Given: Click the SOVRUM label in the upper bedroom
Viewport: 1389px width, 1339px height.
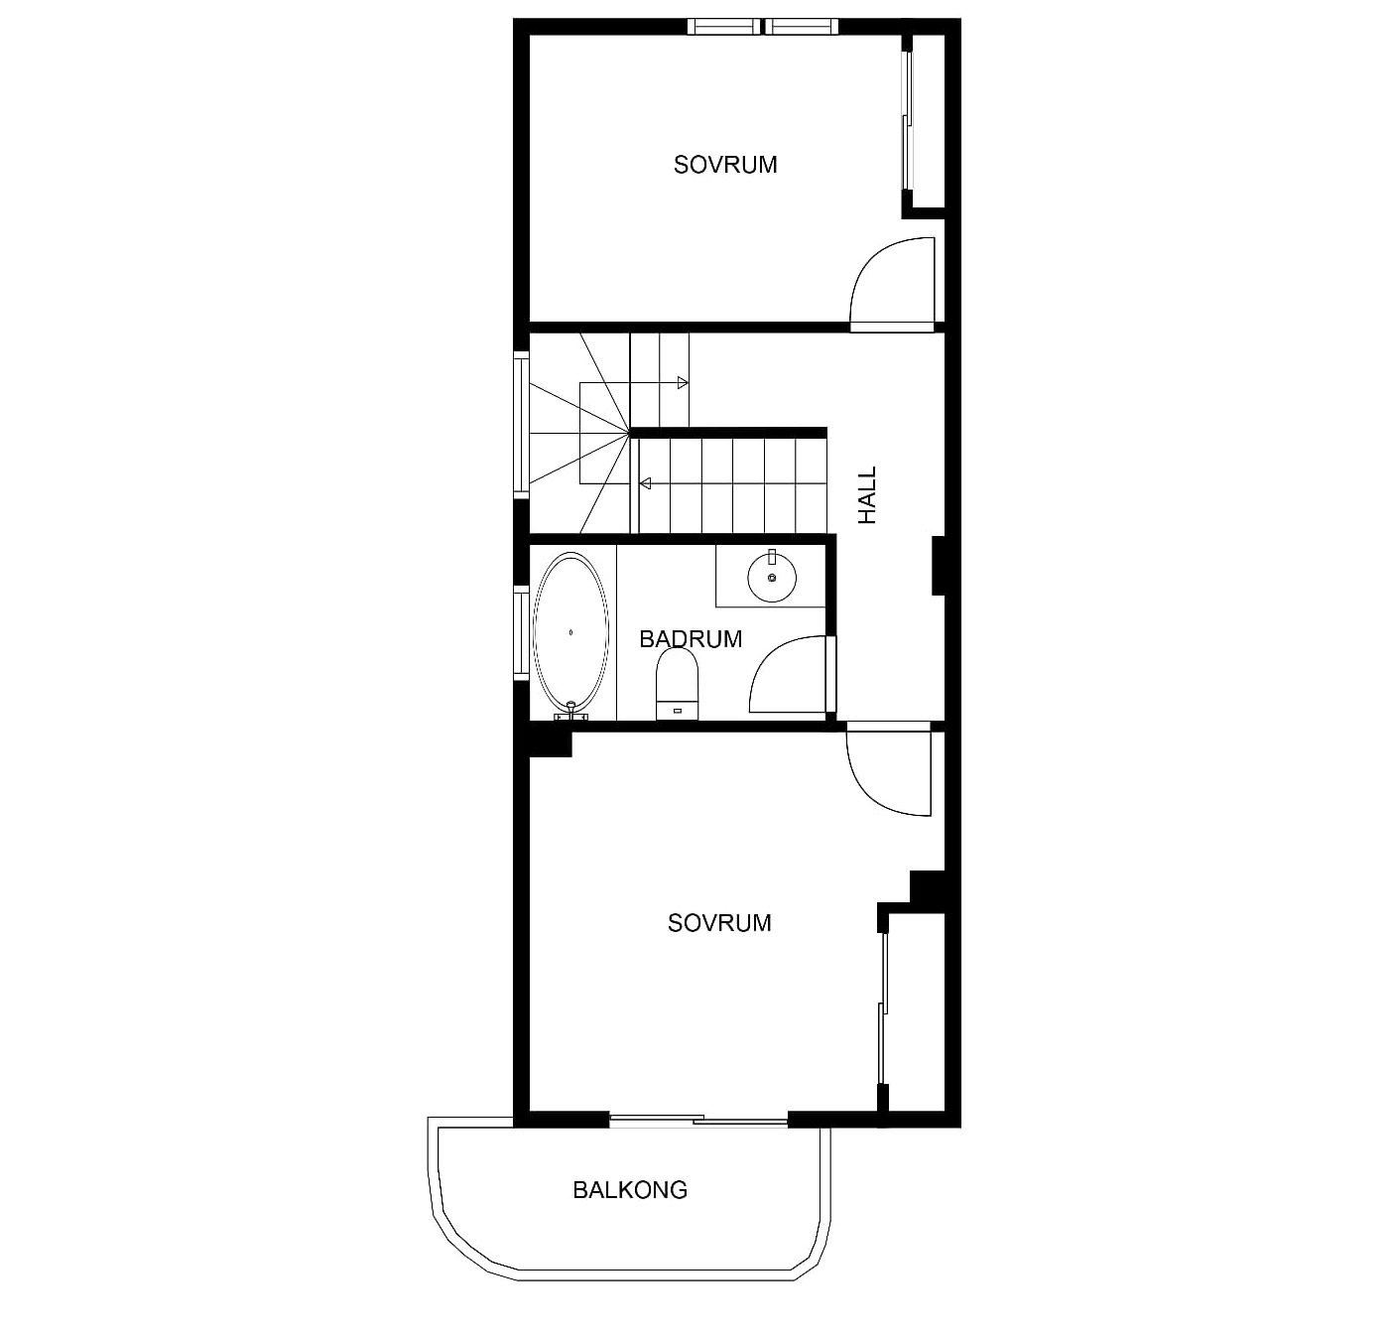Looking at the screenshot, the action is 725,165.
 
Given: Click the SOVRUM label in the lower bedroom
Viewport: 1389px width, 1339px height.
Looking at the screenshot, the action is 719,923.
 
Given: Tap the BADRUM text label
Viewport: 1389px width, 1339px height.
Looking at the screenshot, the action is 691,639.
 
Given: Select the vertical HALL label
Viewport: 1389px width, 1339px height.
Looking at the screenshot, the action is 866,495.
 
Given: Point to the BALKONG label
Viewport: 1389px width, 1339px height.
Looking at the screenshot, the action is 630,1190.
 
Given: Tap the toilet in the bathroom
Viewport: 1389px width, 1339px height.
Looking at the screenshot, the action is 677,683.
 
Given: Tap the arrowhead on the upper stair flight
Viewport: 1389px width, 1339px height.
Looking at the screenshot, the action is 683,383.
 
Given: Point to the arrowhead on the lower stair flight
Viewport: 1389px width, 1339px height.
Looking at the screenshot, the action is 645,483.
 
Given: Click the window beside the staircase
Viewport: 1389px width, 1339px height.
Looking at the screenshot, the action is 522,424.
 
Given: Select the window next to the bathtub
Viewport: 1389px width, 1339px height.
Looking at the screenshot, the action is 522,632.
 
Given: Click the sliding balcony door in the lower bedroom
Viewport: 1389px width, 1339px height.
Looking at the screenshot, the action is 698,1121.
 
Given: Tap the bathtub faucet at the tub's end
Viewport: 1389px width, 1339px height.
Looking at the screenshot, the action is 571,711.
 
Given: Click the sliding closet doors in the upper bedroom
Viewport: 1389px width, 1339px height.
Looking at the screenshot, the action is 907,120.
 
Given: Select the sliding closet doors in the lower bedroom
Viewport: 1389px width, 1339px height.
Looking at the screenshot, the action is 883,1008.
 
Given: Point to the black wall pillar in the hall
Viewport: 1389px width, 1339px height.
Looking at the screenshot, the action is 939,566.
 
